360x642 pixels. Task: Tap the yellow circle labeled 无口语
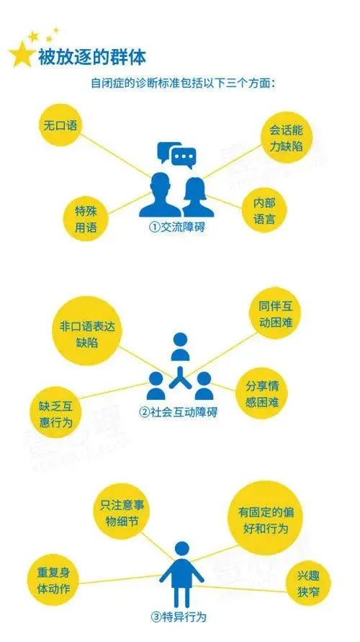click(60, 125)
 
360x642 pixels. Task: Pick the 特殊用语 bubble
click(86, 219)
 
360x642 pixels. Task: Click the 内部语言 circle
click(264, 211)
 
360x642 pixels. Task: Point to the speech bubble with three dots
click(184, 158)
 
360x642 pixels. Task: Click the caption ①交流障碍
click(176, 228)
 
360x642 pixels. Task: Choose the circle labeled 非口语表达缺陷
click(87, 331)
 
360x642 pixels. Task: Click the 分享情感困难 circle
click(262, 393)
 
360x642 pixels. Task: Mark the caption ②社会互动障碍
click(179, 411)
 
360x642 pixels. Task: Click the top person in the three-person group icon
click(180, 347)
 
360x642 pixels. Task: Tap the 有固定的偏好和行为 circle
click(266, 519)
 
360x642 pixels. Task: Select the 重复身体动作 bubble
click(53, 581)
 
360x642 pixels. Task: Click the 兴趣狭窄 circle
click(308, 584)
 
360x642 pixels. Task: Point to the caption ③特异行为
click(178, 616)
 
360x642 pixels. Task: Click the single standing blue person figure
click(181, 574)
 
